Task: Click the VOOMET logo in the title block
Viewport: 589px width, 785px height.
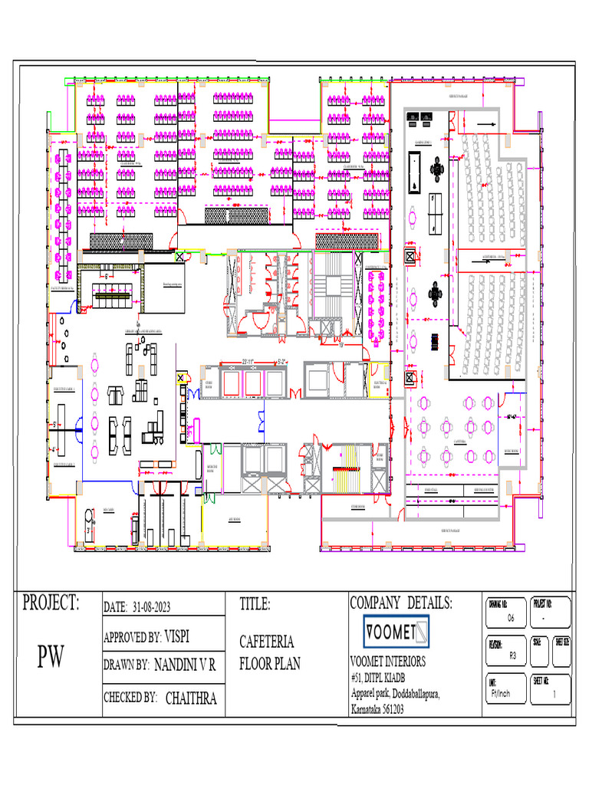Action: [x=396, y=632]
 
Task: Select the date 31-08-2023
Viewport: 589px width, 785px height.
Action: [x=151, y=606]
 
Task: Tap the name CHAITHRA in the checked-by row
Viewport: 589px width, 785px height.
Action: [x=191, y=698]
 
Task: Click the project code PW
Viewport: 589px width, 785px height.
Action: [x=51, y=657]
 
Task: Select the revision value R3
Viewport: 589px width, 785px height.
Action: [x=512, y=655]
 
